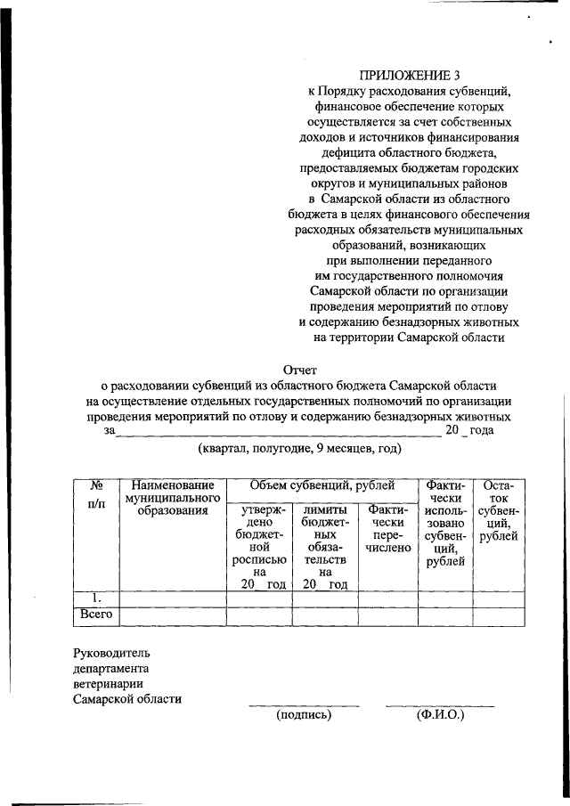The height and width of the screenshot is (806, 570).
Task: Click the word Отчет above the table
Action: [x=299, y=369]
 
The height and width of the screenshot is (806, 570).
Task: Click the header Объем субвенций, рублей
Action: [x=322, y=485]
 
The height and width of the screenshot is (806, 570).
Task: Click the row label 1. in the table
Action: [x=94, y=598]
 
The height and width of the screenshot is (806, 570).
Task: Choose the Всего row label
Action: [x=94, y=615]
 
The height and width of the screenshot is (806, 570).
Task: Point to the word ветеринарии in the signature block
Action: [x=110, y=683]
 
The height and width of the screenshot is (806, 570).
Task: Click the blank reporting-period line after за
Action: [x=279, y=431]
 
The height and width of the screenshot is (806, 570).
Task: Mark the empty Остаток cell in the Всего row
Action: [x=497, y=615]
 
